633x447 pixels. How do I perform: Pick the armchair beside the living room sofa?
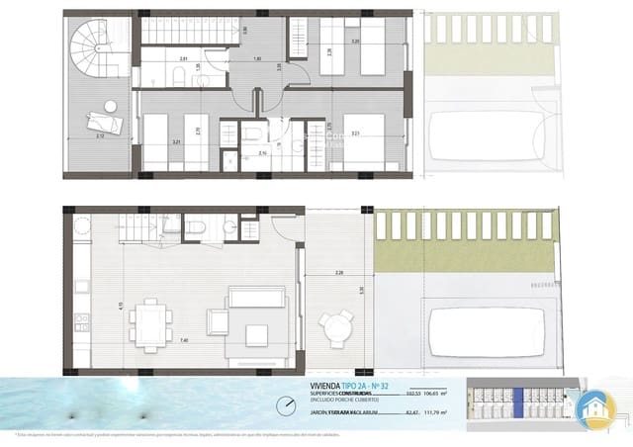(x=217, y=322)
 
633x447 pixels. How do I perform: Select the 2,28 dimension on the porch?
(x=339, y=272)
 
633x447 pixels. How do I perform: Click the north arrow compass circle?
(x=287, y=405)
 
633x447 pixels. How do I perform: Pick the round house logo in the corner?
(x=600, y=407)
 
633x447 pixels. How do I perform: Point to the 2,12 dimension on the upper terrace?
(x=103, y=136)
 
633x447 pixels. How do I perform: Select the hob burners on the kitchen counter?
(x=81, y=322)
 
